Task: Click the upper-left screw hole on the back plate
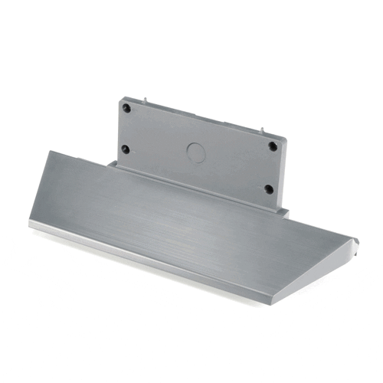point(127,109)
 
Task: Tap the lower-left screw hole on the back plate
point(125,149)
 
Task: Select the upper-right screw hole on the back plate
point(273,146)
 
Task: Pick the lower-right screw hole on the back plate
point(268,188)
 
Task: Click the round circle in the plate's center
point(197,150)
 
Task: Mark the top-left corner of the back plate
point(120,97)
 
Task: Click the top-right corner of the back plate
point(284,139)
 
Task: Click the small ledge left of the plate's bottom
point(112,163)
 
